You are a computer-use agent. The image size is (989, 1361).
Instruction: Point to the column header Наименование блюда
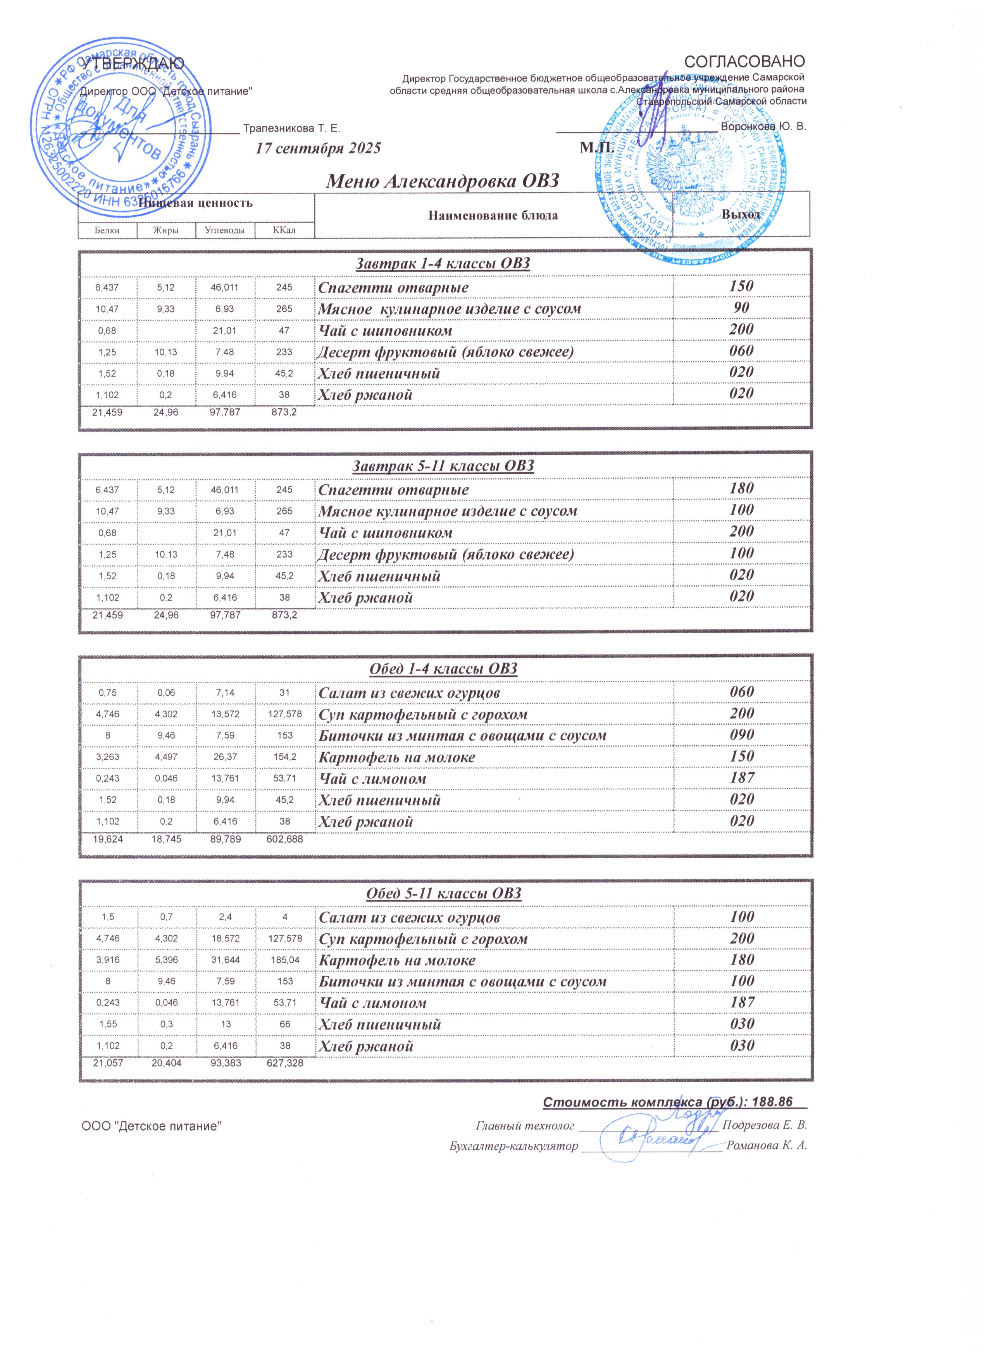coord(493,216)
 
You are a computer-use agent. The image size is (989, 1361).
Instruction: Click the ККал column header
coord(284,230)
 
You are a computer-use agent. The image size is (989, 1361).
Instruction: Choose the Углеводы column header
coord(225,230)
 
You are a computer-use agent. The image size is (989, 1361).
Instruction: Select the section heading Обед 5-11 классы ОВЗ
coord(443,893)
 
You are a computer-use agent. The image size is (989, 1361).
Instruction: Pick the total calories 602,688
coord(284,839)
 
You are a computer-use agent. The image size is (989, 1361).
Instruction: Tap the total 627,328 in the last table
coord(284,1063)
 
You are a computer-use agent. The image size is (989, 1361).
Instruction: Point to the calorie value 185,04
coord(284,960)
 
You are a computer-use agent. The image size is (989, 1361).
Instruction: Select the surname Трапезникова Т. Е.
coord(291,128)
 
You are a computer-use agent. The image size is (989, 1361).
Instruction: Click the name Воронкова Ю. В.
coord(763,127)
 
